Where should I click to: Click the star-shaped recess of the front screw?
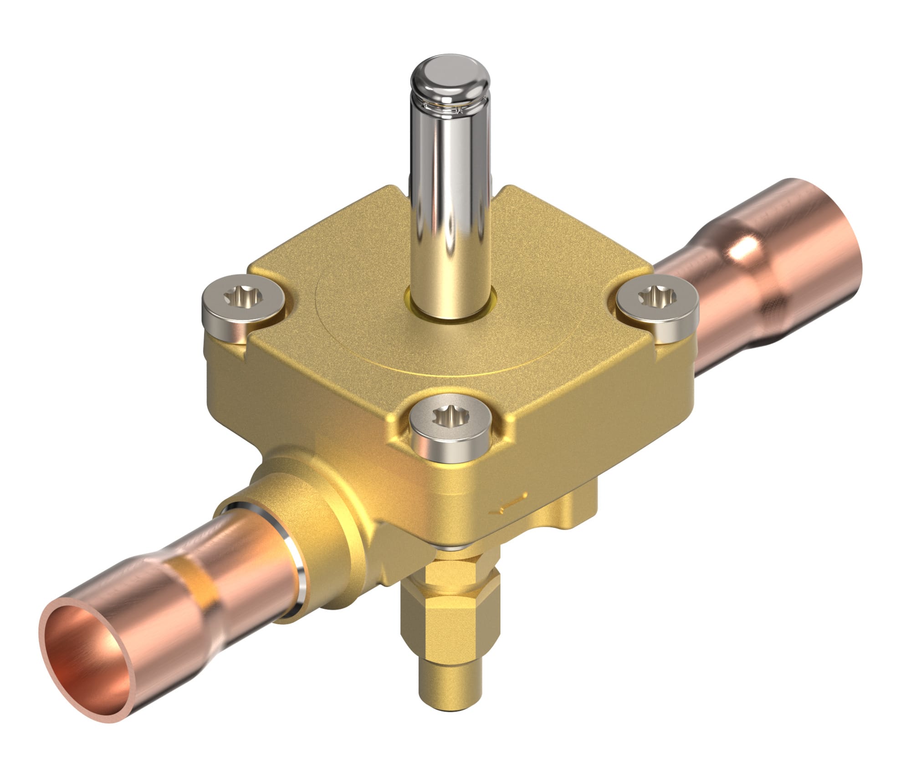click(449, 415)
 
